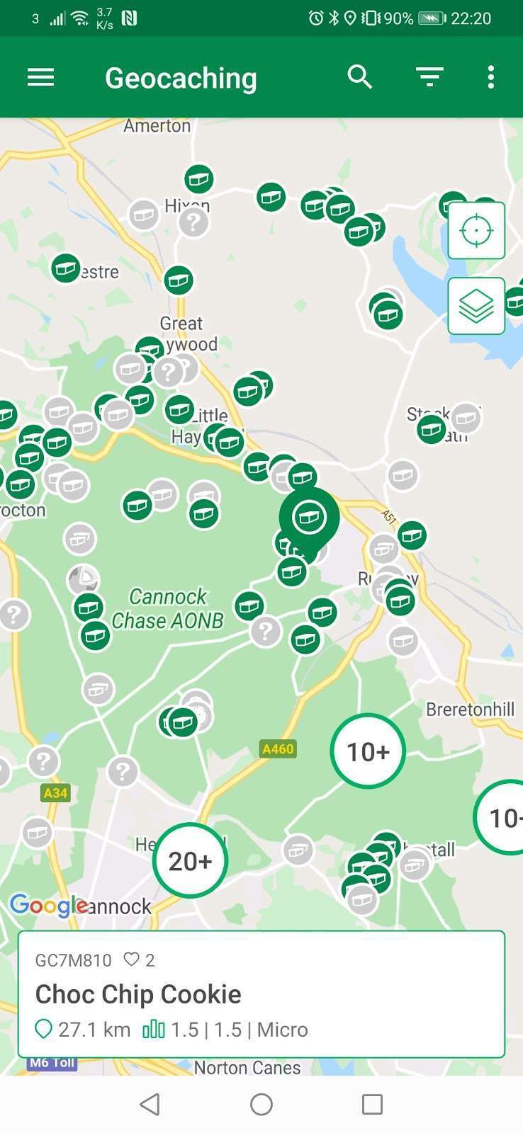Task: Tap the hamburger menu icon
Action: [40, 77]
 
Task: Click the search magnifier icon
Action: [360, 76]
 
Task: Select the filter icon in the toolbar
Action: [429, 76]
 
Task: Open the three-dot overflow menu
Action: [490, 77]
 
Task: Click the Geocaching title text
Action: [181, 78]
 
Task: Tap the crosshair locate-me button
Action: [476, 230]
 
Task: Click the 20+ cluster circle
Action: [190, 860]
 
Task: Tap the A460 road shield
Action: [278, 748]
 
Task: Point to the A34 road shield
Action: [55, 792]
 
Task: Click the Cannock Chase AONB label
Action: [168, 608]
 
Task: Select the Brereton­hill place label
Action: [470, 709]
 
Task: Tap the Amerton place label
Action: [157, 126]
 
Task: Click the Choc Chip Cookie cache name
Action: [138, 994]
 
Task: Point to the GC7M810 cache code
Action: [73, 960]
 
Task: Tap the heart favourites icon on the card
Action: [131, 960]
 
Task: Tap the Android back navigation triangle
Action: [150, 1104]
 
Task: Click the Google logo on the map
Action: [48, 905]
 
